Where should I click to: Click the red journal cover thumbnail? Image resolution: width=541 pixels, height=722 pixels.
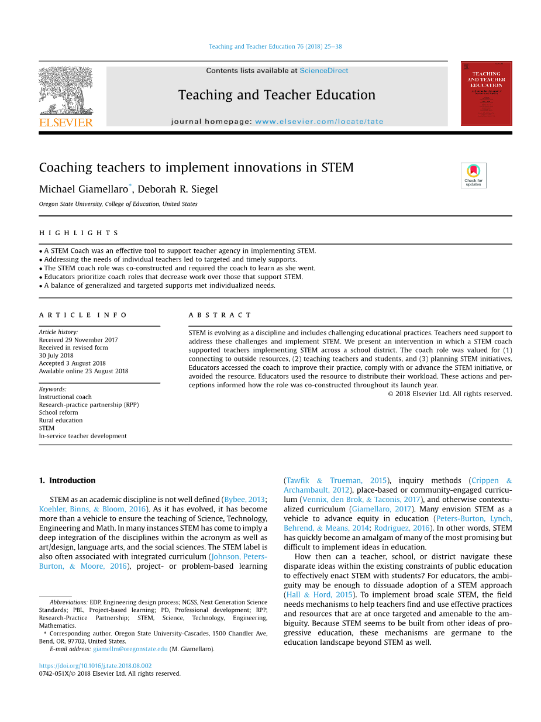click(x=486, y=93)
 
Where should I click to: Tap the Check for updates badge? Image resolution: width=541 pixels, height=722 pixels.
click(x=473, y=175)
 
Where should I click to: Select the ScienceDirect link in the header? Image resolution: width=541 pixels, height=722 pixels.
click(x=323, y=71)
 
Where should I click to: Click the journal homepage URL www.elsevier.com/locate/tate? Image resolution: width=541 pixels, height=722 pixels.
click(x=319, y=122)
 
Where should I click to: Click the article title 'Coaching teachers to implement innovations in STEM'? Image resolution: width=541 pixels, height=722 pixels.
click(x=196, y=168)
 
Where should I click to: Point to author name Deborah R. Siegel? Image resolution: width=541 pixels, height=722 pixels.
click(x=177, y=189)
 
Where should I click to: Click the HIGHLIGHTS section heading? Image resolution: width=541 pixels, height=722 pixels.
click(x=78, y=233)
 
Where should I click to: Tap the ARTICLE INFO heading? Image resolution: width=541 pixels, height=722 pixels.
click(x=83, y=315)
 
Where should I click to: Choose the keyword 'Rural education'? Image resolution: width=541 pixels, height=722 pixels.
click(x=61, y=420)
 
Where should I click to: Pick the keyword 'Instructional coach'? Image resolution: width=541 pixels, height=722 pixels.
click(x=65, y=397)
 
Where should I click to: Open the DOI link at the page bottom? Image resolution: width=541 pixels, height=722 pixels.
click(x=95, y=666)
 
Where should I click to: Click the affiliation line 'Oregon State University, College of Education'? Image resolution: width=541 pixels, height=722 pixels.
click(x=118, y=204)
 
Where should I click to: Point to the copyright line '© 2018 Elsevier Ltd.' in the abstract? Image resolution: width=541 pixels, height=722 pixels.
click(x=449, y=394)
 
